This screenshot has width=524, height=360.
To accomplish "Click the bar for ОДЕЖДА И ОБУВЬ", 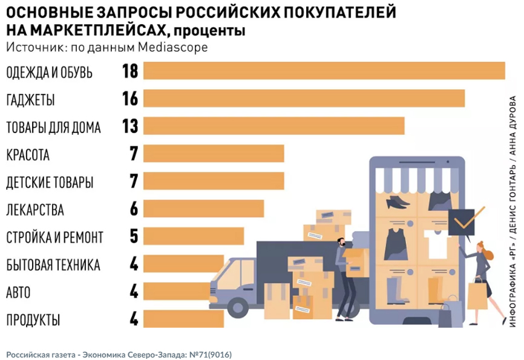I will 324,71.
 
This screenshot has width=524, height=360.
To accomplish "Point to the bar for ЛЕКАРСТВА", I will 203,209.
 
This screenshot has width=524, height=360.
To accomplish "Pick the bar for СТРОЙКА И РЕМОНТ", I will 193,236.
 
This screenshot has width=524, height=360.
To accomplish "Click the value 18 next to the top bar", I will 130,71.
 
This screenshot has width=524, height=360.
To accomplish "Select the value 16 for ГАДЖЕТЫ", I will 130,99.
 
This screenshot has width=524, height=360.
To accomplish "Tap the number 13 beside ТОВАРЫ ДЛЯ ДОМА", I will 130,126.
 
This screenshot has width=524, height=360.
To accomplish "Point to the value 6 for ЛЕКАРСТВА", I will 134,209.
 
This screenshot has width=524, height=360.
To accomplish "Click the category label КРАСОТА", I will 28,155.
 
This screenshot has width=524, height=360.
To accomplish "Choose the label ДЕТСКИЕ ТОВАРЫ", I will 50,182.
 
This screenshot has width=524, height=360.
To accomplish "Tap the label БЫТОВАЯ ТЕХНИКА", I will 53,265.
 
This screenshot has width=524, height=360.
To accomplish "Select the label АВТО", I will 18,292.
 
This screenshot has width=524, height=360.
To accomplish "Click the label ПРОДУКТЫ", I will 33,320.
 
